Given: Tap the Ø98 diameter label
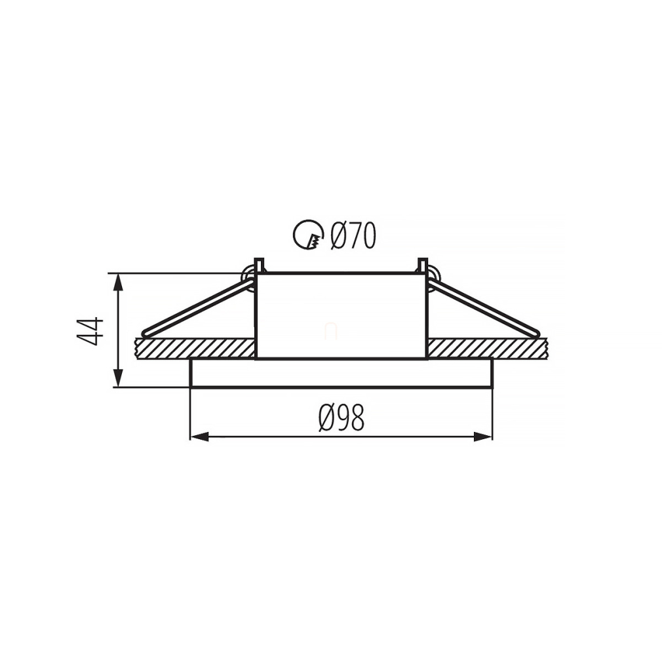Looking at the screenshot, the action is pos(341,418).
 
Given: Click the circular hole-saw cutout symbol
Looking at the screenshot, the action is pos(308,235).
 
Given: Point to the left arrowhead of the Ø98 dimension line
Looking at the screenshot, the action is pos(199,437).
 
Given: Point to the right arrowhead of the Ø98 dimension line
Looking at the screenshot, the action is pos(483,437).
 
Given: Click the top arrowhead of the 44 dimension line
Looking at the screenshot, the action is pos(119,282).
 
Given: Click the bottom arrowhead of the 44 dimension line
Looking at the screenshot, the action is pos(119,378).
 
